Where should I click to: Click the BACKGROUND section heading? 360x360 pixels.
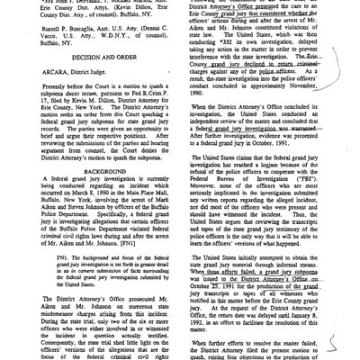click(92, 180)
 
